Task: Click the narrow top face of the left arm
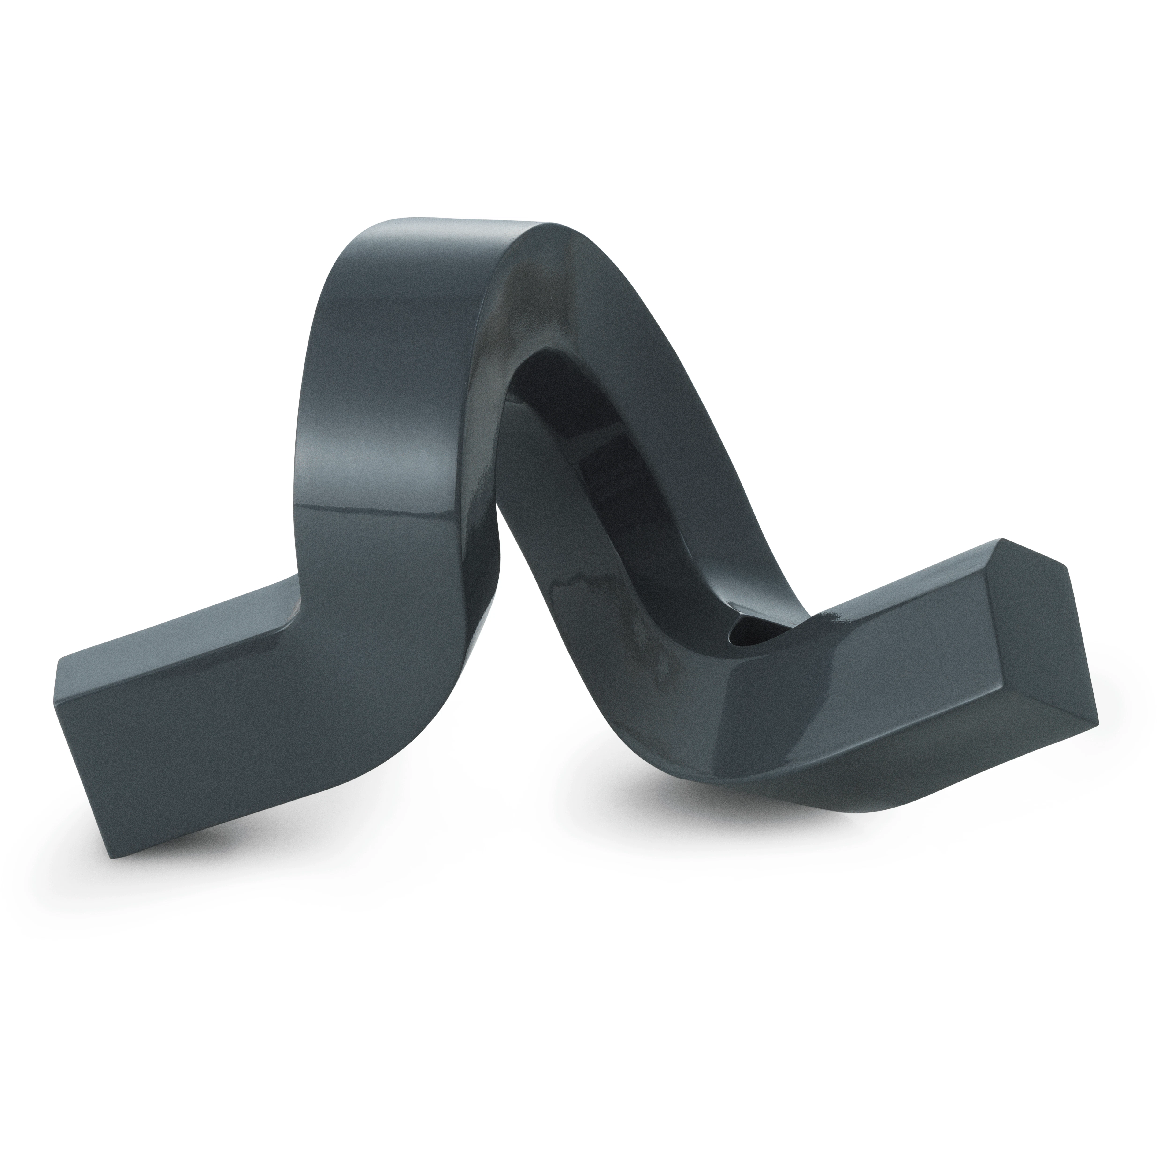click(180, 623)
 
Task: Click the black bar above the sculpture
click(578, 108)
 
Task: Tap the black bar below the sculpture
click(578, 1048)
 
